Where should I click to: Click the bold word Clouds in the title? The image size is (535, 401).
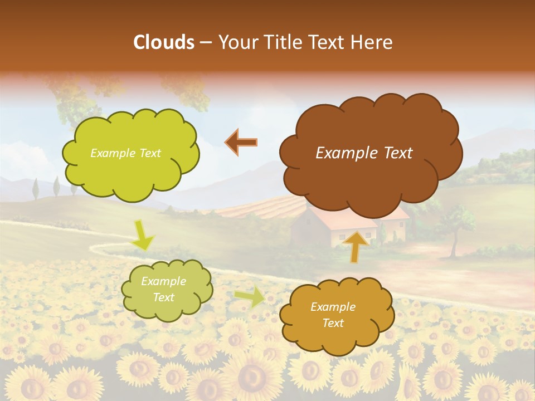pyautogui.click(x=163, y=42)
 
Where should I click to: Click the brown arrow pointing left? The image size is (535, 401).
pyautogui.click(x=241, y=143)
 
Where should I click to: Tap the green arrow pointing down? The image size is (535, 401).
pyautogui.click(x=142, y=235)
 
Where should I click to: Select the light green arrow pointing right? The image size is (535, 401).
pyautogui.click(x=250, y=297)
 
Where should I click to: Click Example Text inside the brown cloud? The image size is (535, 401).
pyautogui.click(x=364, y=153)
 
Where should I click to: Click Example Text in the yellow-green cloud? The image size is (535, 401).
pyautogui.click(x=125, y=153)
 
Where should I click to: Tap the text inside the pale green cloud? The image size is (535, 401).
pyautogui.click(x=163, y=290)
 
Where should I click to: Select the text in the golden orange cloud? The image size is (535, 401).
pyautogui.click(x=333, y=315)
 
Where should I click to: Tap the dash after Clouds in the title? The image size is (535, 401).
pyautogui.click(x=205, y=42)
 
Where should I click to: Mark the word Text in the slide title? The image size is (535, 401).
pyautogui.click(x=328, y=42)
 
